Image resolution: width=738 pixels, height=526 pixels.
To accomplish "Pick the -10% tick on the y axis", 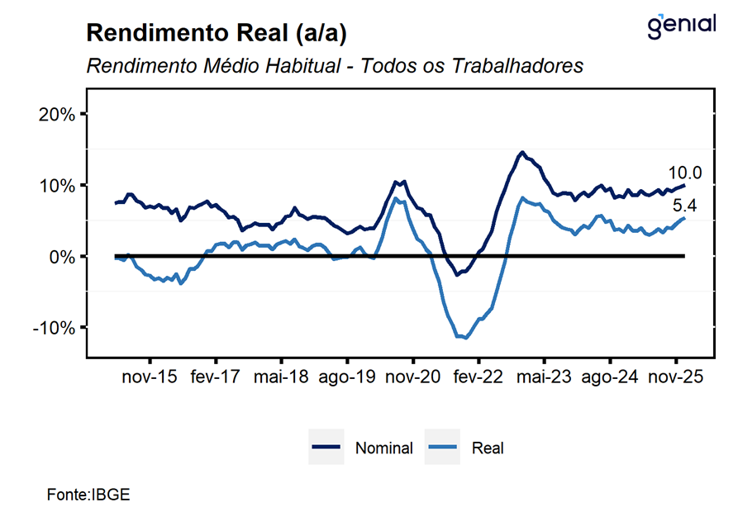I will pyautogui.click(x=55, y=328).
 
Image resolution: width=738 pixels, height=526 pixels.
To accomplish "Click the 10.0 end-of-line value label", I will pyautogui.click(x=684, y=173).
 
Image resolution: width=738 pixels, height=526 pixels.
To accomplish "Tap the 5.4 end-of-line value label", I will pyautogui.click(x=685, y=206).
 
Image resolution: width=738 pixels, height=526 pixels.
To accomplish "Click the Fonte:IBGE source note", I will pyautogui.click(x=88, y=495).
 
